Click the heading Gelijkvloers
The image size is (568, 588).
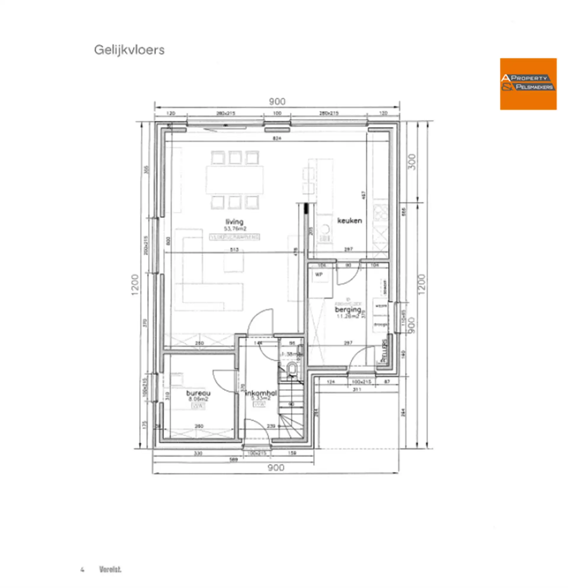(x=129, y=50)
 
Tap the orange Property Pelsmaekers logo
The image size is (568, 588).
(x=528, y=84)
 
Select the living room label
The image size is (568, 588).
(x=234, y=222)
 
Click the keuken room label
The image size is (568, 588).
(x=349, y=221)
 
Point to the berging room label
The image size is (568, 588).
(x=348, y=309)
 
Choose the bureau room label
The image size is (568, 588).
(x=198, y=393)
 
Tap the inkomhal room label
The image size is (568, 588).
(x=261, y=393)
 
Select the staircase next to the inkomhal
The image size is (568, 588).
(x=291, y=411)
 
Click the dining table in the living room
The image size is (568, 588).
(x=235, y=180)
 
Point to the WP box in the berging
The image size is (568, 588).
(x=319, y=274)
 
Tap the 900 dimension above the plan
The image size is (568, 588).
(x=277, y=102)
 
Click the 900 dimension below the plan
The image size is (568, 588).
(x=276, y=467)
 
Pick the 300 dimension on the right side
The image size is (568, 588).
(x=412, y=162)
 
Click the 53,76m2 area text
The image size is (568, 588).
(x=235, y=229)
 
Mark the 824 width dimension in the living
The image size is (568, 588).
(x=277, y=138)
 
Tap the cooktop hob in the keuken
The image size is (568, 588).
(x=380, y=212)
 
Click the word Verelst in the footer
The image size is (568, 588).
(x=110, y=569)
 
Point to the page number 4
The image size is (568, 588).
(x=82, y=570)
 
